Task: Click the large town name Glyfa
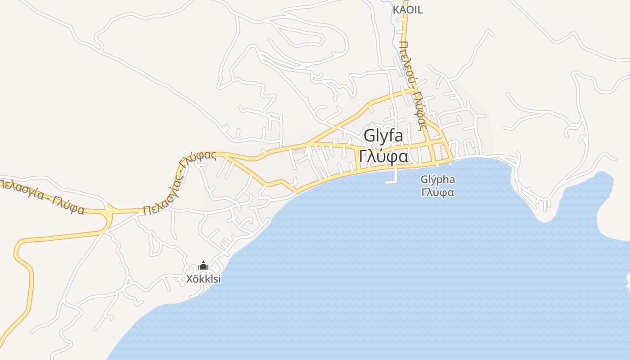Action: [x=383, y=135]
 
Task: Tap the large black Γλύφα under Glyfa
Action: [x=383, y=157]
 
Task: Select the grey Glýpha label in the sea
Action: [x=437, y=180]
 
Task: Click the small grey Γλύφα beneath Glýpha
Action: [x=437, y=193]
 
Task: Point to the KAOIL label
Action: [x=408, y=10]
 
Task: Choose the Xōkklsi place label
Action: [x=204, y=279]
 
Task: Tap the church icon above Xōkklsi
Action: [x=203, y=266]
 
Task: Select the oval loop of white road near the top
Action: [x=306, y=34]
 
